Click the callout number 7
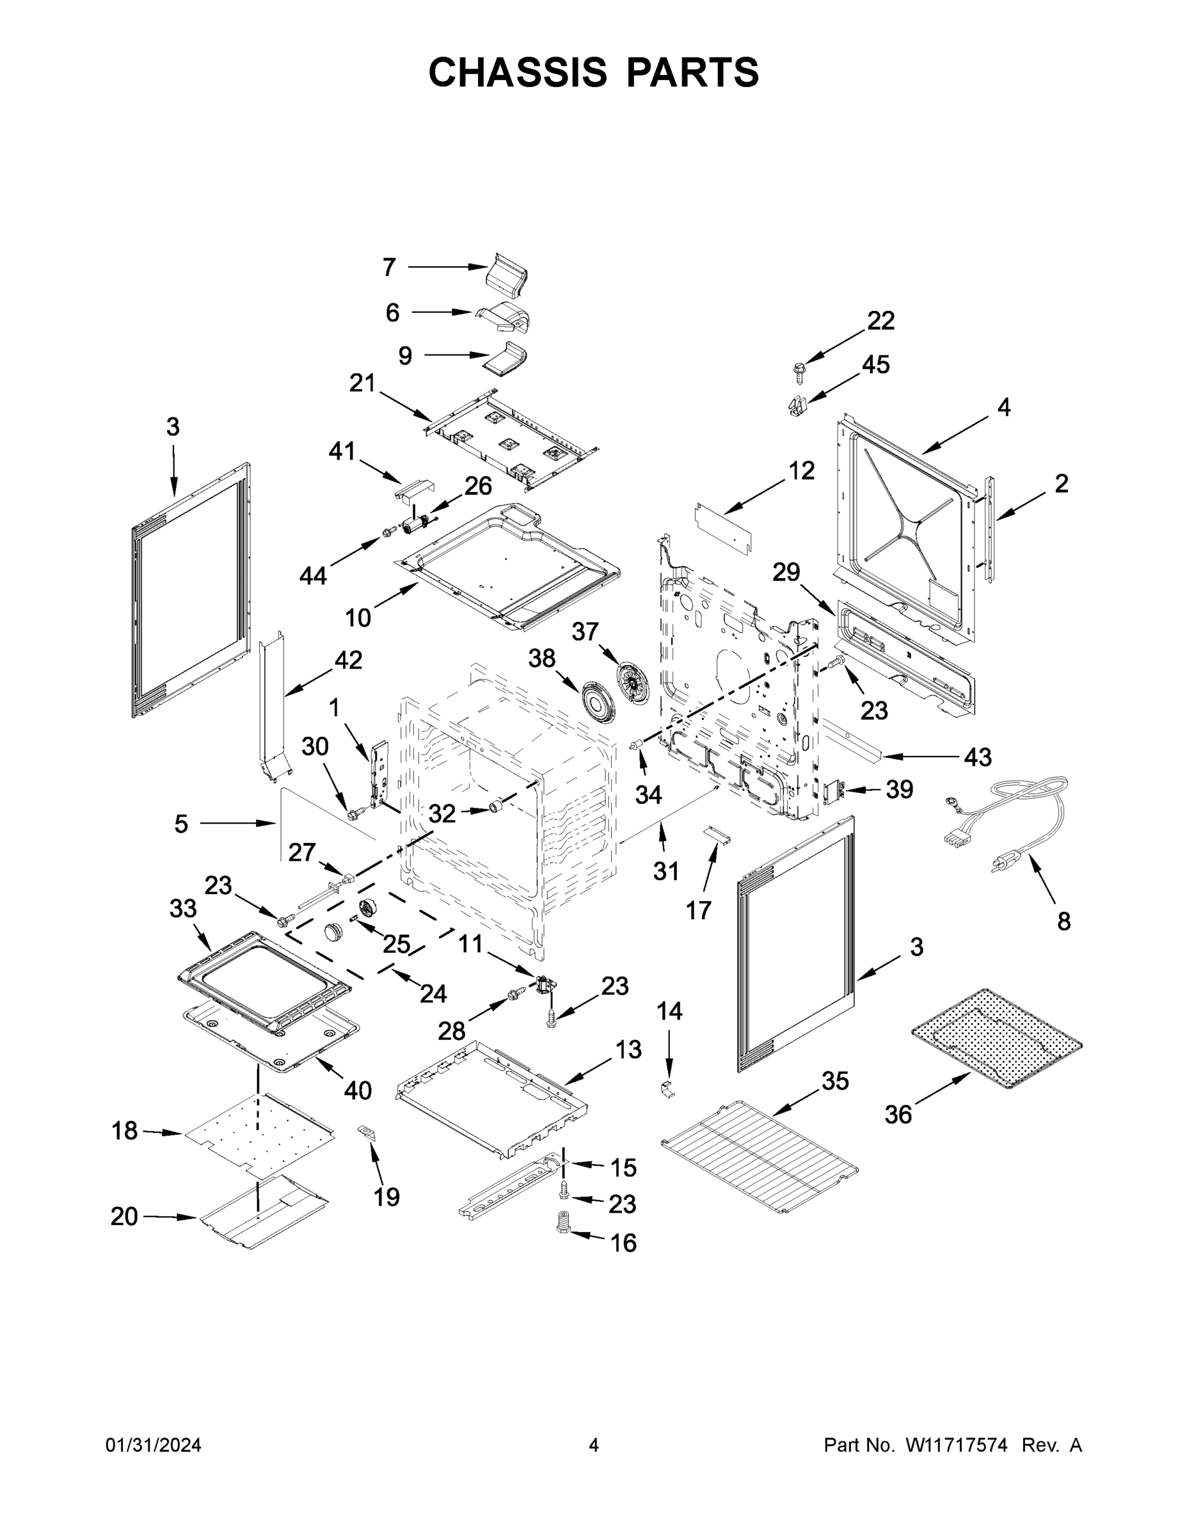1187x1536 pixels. point(390,268)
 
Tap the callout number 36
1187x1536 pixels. point(898,1114)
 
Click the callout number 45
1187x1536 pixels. point(875,364)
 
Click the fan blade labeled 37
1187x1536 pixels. point(632,682)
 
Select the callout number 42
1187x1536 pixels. point(348,660)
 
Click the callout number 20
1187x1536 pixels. point(125,1216)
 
